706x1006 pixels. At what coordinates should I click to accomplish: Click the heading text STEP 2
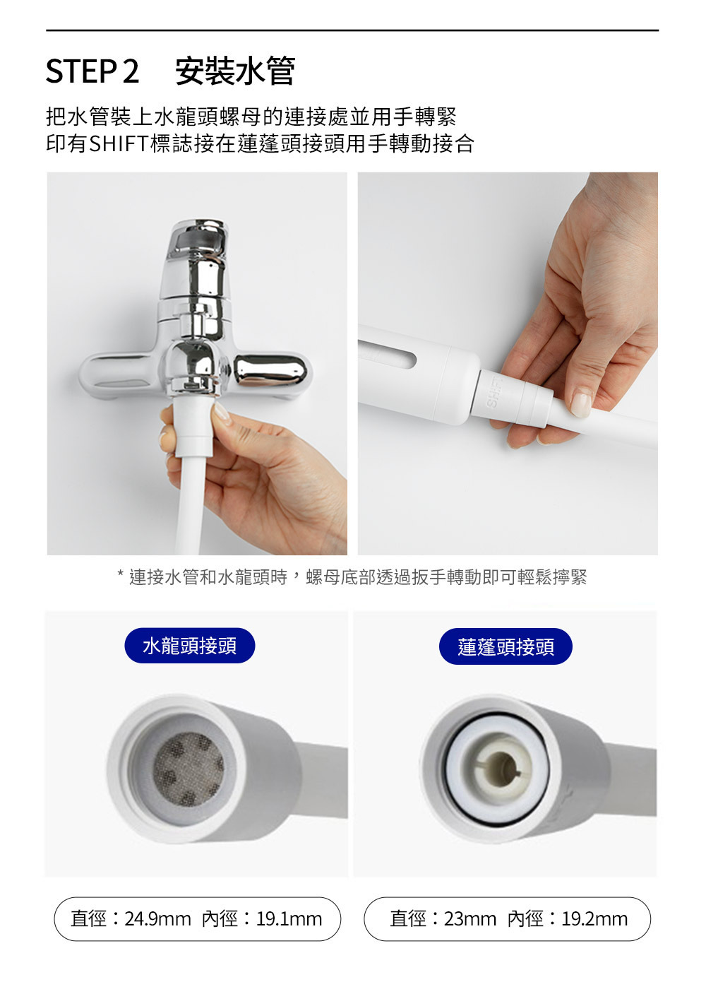pos(92,71)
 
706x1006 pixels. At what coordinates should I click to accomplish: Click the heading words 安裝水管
pos(234,71)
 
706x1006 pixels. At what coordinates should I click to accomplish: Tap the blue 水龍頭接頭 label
pos(189,646)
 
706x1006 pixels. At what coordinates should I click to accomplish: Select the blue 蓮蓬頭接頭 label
pos(505,646)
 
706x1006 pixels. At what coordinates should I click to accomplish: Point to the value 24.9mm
pos(157,919)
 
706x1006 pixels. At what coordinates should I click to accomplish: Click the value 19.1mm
pos(289,919)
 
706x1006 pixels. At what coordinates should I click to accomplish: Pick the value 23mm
pos(470,919)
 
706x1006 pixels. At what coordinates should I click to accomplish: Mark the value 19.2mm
pos(594,919)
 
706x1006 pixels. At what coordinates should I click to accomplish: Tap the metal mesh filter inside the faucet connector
pos(189,769)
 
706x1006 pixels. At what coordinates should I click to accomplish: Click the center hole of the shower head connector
pos(501,769)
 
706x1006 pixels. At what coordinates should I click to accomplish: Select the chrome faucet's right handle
pos(272,370)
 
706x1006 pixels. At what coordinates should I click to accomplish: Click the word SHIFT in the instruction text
pos(119,143)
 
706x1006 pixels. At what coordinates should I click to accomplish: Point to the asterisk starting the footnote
pos(120,574)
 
